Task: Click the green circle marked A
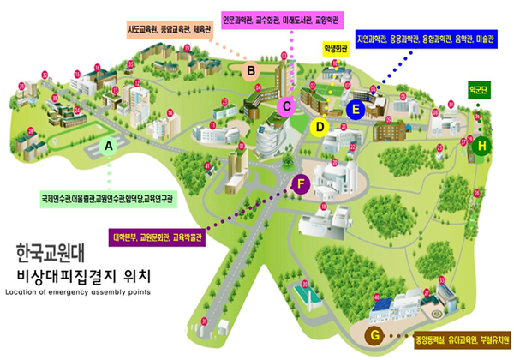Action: [x=109, y=147]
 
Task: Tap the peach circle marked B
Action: [x=253, y=70]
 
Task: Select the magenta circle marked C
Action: [x=288, y=106]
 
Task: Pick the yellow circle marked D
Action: [x=319, y=128]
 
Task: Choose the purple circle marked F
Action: [x=301, y=183]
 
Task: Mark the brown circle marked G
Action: [x=374, y=333]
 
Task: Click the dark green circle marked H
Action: [x=482, y=147]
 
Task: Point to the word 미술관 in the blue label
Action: [x=487, y=39]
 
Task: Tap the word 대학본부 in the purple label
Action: [x=126, y=238]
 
